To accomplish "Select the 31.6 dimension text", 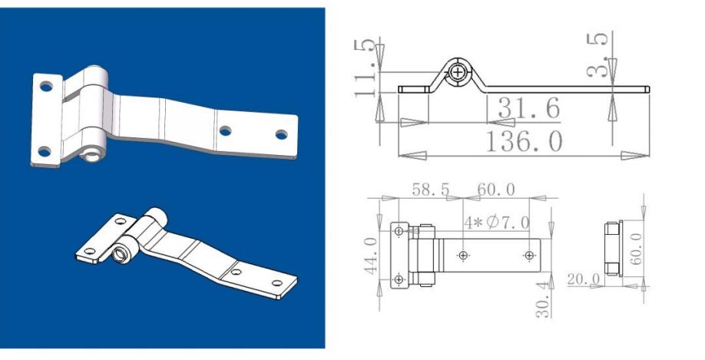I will coord(528,108).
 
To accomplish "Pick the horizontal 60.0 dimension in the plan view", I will coord(496,190).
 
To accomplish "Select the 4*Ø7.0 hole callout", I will coord(496,223).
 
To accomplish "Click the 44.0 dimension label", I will coord(371,256).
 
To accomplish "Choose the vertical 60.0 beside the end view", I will coord(637,247).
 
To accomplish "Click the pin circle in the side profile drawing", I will coord(458,72).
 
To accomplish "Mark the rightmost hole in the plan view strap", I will coord(529,254).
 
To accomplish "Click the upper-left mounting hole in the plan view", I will coord(399,231).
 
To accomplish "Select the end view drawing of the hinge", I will coord(612,247).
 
